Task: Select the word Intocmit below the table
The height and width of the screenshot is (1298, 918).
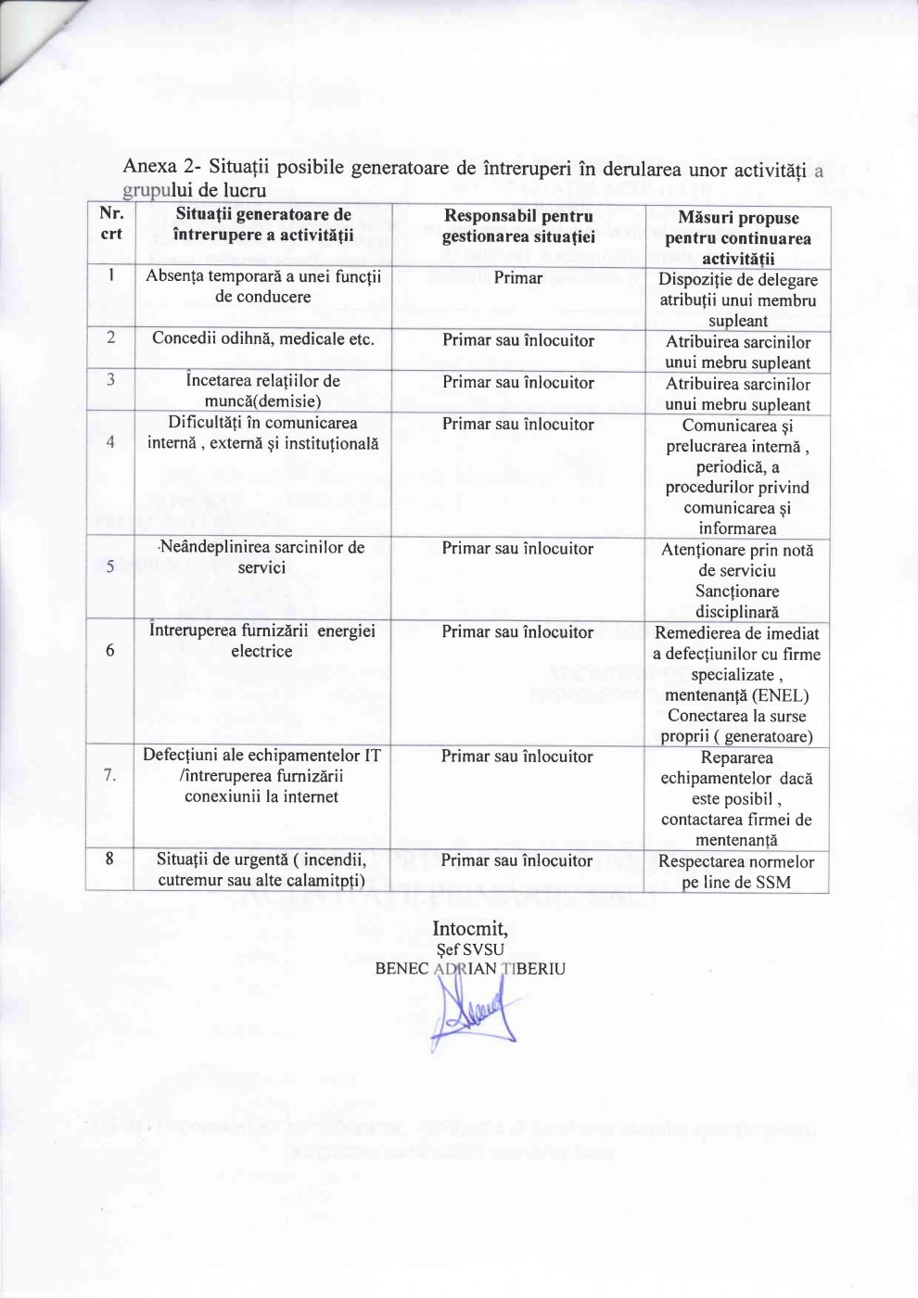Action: [x=469, y=928]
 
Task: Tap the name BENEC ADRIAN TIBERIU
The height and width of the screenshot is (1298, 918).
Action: [x=470, y=969]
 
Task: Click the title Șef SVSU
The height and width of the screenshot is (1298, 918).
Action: [x=470, y=949]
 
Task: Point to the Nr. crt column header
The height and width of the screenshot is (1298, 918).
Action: [x=111, y=224]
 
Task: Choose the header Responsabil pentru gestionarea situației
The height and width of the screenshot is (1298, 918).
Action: [x=517, y=226]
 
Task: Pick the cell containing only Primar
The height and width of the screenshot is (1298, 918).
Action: [x=517, y=277]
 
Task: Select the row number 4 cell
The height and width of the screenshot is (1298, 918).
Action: [x=110, y=442]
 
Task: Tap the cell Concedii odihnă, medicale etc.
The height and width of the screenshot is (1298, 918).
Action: [x=263, y=339]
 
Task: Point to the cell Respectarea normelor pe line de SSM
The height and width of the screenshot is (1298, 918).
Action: [x=736, y=872]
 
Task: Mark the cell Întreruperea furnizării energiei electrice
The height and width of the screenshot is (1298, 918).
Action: [x=262, y=642]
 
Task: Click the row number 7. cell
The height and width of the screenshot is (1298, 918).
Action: [x=110, y=776]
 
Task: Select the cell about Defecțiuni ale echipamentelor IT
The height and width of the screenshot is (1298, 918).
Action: [x=261, y=776]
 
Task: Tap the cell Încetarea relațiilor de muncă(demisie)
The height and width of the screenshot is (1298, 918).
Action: [x=263, y=391]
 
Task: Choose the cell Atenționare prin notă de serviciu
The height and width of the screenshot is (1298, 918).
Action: [x=737, y=560]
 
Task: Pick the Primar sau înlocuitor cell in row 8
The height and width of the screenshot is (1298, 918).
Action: [x=516, y=860]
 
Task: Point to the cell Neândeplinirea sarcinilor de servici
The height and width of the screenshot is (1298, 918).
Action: [x=262, y=557]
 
